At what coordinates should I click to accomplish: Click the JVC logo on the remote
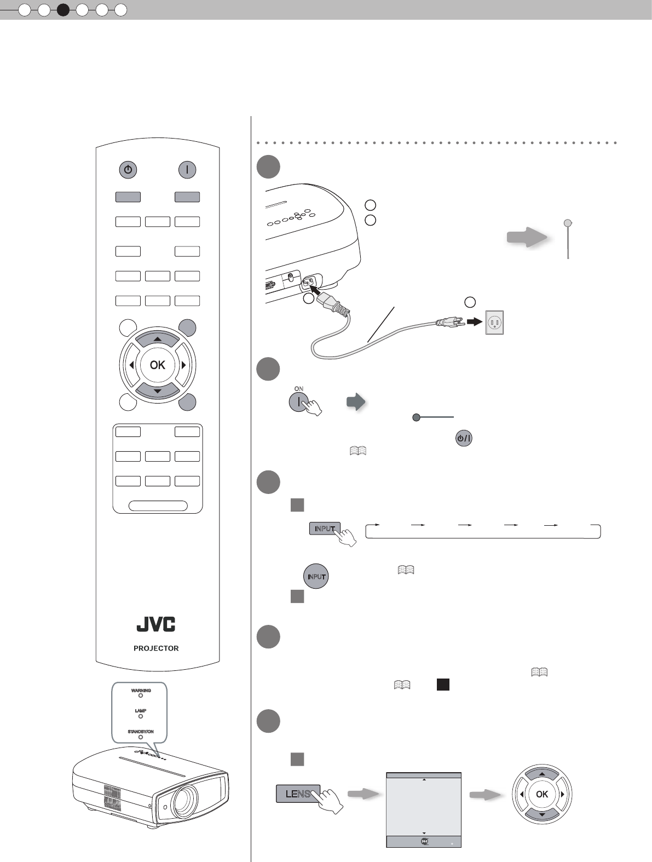click(x=156, y=624)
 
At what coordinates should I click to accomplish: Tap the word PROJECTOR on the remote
click(x=156, y=648)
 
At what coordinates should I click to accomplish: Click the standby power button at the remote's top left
click(x=128, y=170)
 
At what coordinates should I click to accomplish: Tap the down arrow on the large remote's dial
click(x=158, y=390)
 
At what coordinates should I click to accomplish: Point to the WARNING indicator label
click(x=141, y=691)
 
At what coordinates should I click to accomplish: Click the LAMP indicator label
click(x=141, y=710)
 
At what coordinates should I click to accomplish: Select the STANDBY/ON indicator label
click(x=141, y=732)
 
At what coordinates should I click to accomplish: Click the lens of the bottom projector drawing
click(x=184, y=800)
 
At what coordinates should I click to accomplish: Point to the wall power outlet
click(x=494, y=323)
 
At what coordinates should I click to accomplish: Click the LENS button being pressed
click(x=297, y=794)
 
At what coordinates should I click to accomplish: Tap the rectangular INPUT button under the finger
click(x=324, y=528)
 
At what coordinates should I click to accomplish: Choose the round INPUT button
click(x=316, y=577)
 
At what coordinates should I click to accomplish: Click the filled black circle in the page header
click(x=64, y=10)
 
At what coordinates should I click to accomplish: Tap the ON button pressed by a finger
click(x=298, y=401)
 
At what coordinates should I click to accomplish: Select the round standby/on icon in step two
click(x=463, y=438)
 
